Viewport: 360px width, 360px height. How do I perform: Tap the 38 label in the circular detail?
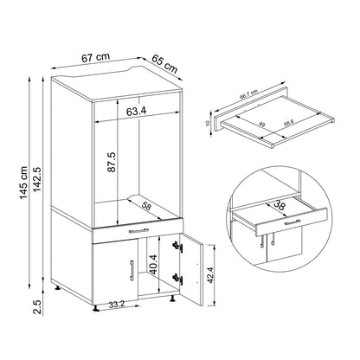pos(280,206)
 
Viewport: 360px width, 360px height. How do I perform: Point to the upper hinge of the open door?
pos(179,247)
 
